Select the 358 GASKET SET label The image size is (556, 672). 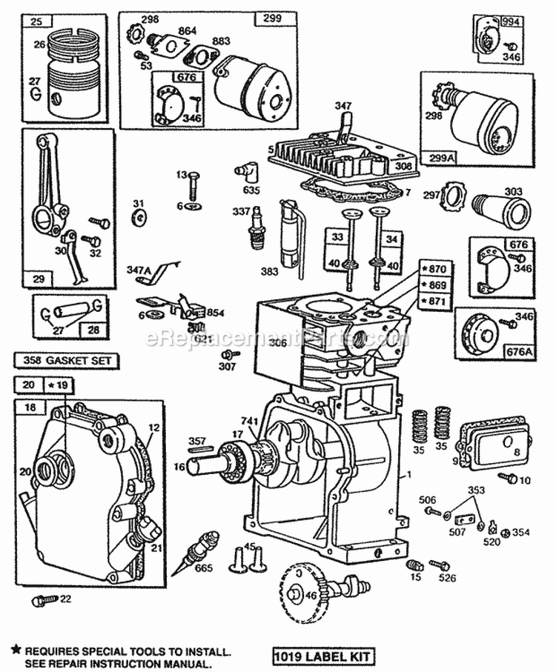(65, 361)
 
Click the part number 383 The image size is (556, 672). (270, 272)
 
